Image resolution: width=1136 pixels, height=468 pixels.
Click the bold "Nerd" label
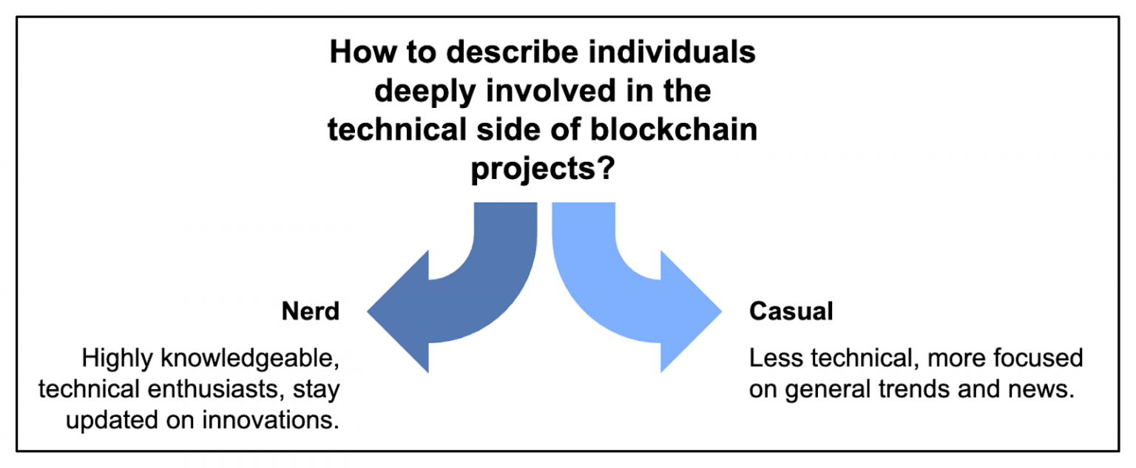pos(310,311)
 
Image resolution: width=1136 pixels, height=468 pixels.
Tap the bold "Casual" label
pos(791,311)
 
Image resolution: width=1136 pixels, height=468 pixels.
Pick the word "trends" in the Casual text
pos(925,390)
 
